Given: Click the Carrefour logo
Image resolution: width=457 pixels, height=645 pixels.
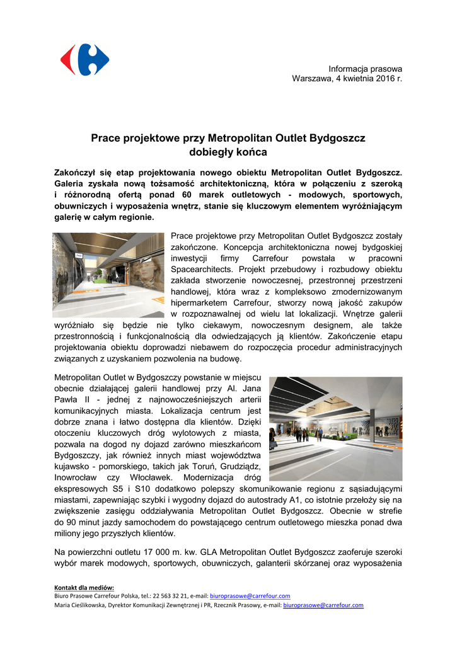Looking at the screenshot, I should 84,60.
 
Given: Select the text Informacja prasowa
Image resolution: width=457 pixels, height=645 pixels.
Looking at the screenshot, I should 365,68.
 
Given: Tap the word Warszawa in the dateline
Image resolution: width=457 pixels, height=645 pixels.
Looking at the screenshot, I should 311,79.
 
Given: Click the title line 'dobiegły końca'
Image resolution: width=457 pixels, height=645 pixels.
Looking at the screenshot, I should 228,152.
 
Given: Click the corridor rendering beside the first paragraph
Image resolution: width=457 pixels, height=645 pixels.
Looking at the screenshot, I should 108,275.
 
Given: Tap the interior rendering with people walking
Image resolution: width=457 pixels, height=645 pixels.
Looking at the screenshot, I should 336,429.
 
